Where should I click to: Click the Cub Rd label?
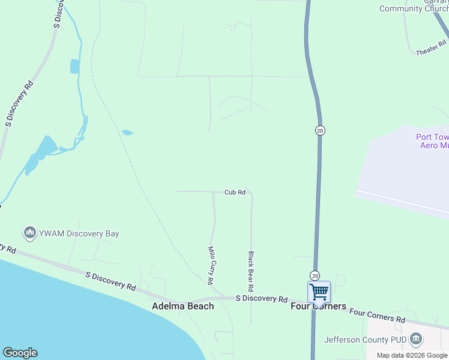point(235,193)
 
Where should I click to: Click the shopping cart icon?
point(319,292)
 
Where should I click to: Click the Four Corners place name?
point(318,306)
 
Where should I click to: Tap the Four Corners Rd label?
point(377,314)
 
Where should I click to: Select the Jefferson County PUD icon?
point(415,340)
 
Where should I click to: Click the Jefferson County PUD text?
point(365,340)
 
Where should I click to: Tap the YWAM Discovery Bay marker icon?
point(29,233)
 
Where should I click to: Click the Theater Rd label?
point(432,49)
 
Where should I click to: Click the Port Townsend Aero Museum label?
point(432,141)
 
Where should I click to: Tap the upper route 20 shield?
point(320,130)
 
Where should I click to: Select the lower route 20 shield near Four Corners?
point(315,275)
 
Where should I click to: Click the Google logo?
point(20,353)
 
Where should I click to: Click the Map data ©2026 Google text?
point(412,355)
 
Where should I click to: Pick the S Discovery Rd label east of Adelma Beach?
point(261,299)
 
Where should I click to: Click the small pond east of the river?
point(127,133)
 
